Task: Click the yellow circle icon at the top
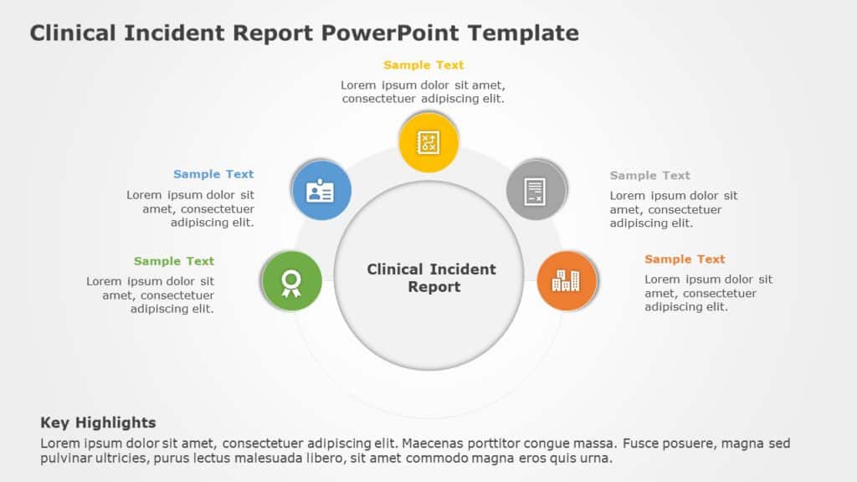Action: (x=428, y=142)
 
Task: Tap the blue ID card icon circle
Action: (x=321, y=191)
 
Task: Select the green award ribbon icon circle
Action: (x=291, y=281)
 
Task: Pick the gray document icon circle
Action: (x=536, y=191)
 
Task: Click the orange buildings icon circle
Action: (x=567, y=281)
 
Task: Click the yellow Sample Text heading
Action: (x=423, y=65)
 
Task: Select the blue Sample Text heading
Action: (x=213, y=174)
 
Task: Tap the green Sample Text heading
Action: (x=174, y=261)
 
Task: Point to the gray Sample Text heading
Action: (x=650, y=175)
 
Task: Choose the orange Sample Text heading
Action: (x=685, y=259)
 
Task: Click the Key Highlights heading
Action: (x=98, y=423)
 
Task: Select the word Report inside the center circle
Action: (x=434, y=287)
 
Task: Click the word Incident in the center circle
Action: (x=461, y=269)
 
